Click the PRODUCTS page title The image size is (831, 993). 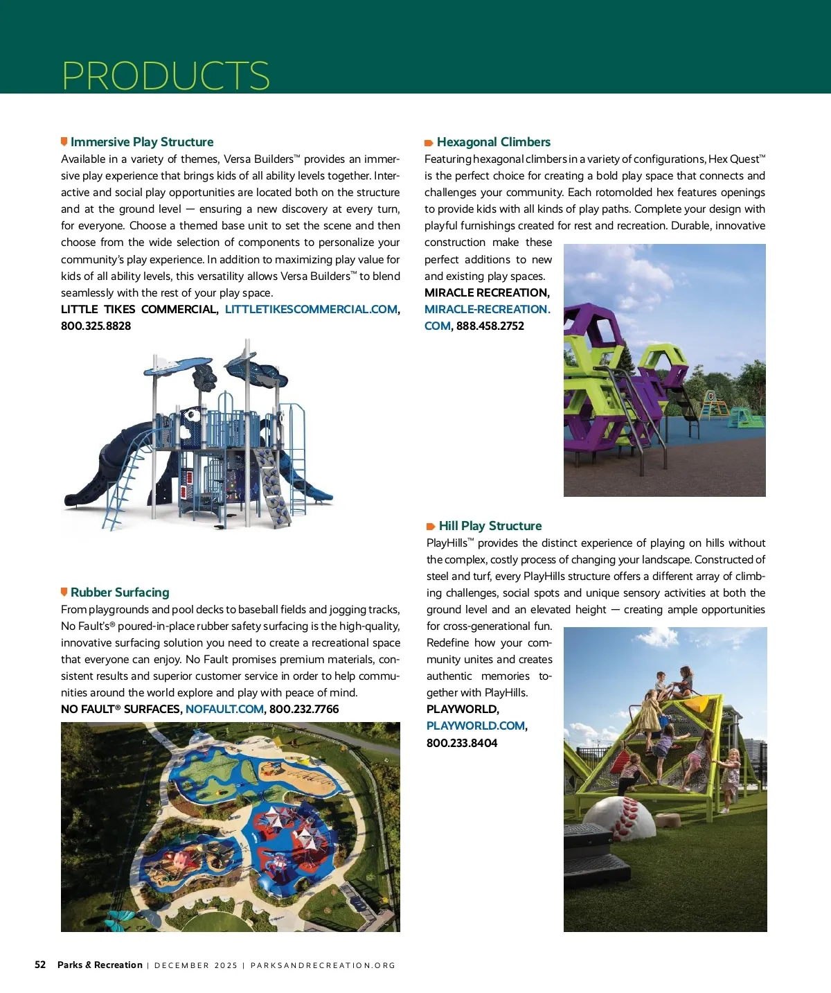point(166,76)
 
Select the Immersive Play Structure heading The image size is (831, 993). point(142,142)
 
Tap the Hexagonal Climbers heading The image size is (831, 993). point(493,142)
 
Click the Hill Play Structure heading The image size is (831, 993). point(490,526)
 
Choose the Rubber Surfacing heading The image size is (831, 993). point(120,592)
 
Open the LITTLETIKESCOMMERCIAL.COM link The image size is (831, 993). point(311,309)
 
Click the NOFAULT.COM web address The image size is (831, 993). point(224,709)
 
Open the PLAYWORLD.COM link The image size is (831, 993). point(476,726)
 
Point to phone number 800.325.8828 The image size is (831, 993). point(96,326)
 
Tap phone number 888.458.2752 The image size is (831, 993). point(490,326)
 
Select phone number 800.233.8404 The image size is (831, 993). point(462,743)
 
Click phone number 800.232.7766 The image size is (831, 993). point(304,709)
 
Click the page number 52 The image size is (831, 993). point(40,965)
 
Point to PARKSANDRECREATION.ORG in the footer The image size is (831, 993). point(323,965)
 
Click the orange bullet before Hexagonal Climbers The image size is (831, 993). point(429,143)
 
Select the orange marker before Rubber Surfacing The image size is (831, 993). point(64,592)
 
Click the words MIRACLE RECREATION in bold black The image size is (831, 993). point(486,292)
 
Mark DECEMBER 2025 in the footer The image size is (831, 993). point(196,965)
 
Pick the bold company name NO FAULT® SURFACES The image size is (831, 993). point(120,709)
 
